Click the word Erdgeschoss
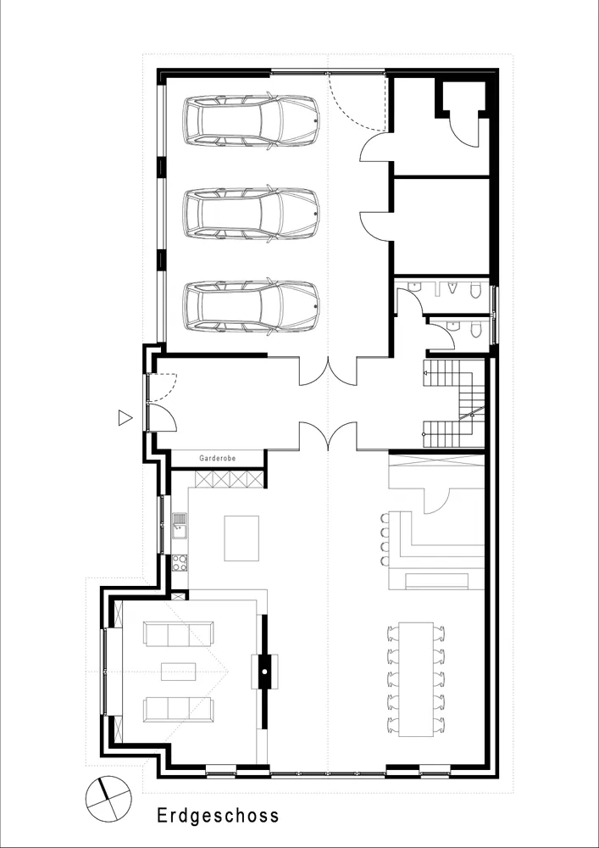click(x=219, y=816)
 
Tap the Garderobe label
click(x=218, y=458)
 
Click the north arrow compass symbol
click(x=108, y=798)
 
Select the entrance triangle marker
click(x=125, y=417)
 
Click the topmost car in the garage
click(x=251, y=121)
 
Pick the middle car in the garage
click(x=251, y=214)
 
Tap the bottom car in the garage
click(x=251, y=306)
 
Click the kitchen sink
click(x=180, y=526)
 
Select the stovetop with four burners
click(x=180, y=562)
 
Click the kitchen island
click(x=241, y=538)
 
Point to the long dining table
click(x=416, y=679)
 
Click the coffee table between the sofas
click(x=178, y=671)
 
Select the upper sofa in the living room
click(x=178, y=633)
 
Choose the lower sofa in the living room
click(x=178, y=709)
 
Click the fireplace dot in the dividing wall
click(x=264, y=671)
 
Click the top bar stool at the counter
click(x=384, y=518)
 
